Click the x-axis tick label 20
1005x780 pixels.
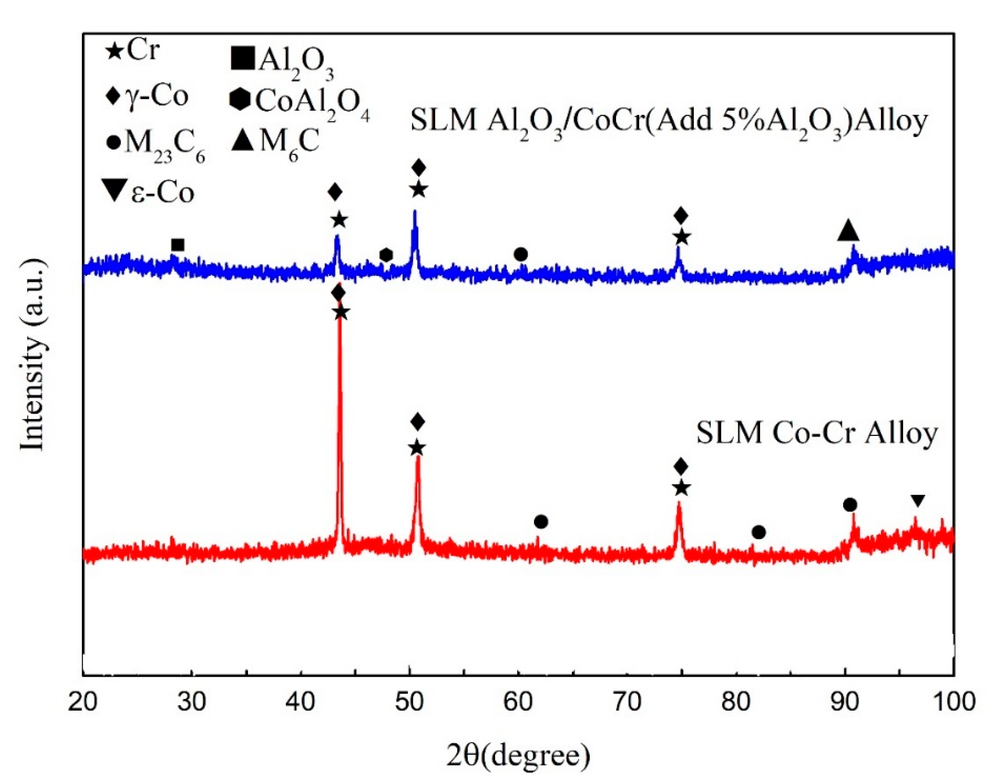(x=83, y=703)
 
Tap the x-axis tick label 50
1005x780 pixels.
(x=409, y=703)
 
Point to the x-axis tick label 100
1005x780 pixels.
(x=953, y=703)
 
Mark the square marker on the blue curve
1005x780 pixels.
(x=177, y=245)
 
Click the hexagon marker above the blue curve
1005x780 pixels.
(x=386, y=255)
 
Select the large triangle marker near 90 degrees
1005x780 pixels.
(x=848, y=231)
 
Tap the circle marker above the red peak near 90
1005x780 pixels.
(x=850, y=505)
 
